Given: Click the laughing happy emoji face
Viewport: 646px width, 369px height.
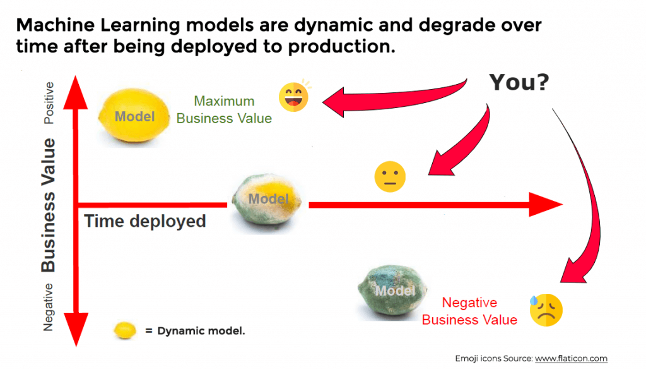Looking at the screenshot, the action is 294,97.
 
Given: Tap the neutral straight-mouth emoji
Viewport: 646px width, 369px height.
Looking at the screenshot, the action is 390,177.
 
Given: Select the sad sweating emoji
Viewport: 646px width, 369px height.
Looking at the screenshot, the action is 546,310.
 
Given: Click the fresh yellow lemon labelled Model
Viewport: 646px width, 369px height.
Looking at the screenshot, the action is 134,116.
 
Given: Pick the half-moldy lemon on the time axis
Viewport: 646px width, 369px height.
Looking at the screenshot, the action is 267,200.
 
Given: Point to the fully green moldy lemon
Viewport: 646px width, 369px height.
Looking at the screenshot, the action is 392,291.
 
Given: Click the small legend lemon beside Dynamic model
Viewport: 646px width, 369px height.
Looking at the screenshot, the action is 125,330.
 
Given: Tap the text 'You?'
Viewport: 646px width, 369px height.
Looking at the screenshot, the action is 519,82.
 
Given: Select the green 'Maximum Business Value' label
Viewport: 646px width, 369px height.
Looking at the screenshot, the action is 224,110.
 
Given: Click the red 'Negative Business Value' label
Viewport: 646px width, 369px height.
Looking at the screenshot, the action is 469,312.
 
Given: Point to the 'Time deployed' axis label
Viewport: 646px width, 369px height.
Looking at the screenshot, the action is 145,221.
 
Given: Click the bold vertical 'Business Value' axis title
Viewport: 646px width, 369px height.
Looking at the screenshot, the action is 48,205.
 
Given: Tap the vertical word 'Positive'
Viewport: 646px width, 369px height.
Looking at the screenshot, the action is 49,103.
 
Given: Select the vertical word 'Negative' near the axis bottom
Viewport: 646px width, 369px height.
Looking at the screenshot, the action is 48,307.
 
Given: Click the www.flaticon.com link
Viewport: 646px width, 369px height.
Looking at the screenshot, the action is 571,358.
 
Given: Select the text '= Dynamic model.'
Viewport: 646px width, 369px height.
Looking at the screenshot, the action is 195,331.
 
